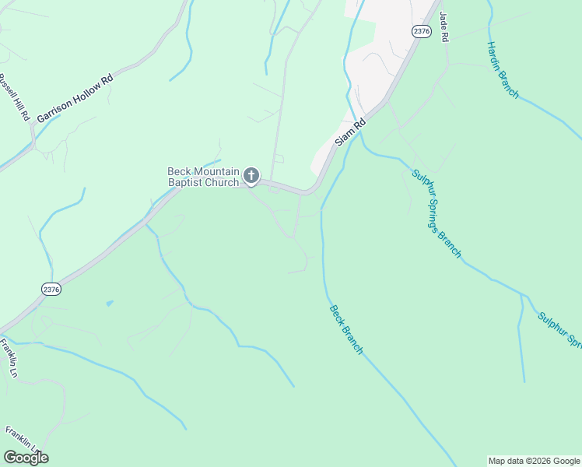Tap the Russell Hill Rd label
pos(14,97)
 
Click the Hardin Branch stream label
pos(503,70)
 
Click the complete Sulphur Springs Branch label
pos(436,213)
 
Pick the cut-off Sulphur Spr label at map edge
pos(559,330)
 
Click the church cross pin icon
pos(251,176)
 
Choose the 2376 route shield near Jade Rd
pos(421,30)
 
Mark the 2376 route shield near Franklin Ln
pos(51,289)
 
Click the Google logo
pos(26,457)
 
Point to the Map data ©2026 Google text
pos(534,461)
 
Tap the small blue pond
pos(109,303)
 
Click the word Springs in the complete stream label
pos(438,216)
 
